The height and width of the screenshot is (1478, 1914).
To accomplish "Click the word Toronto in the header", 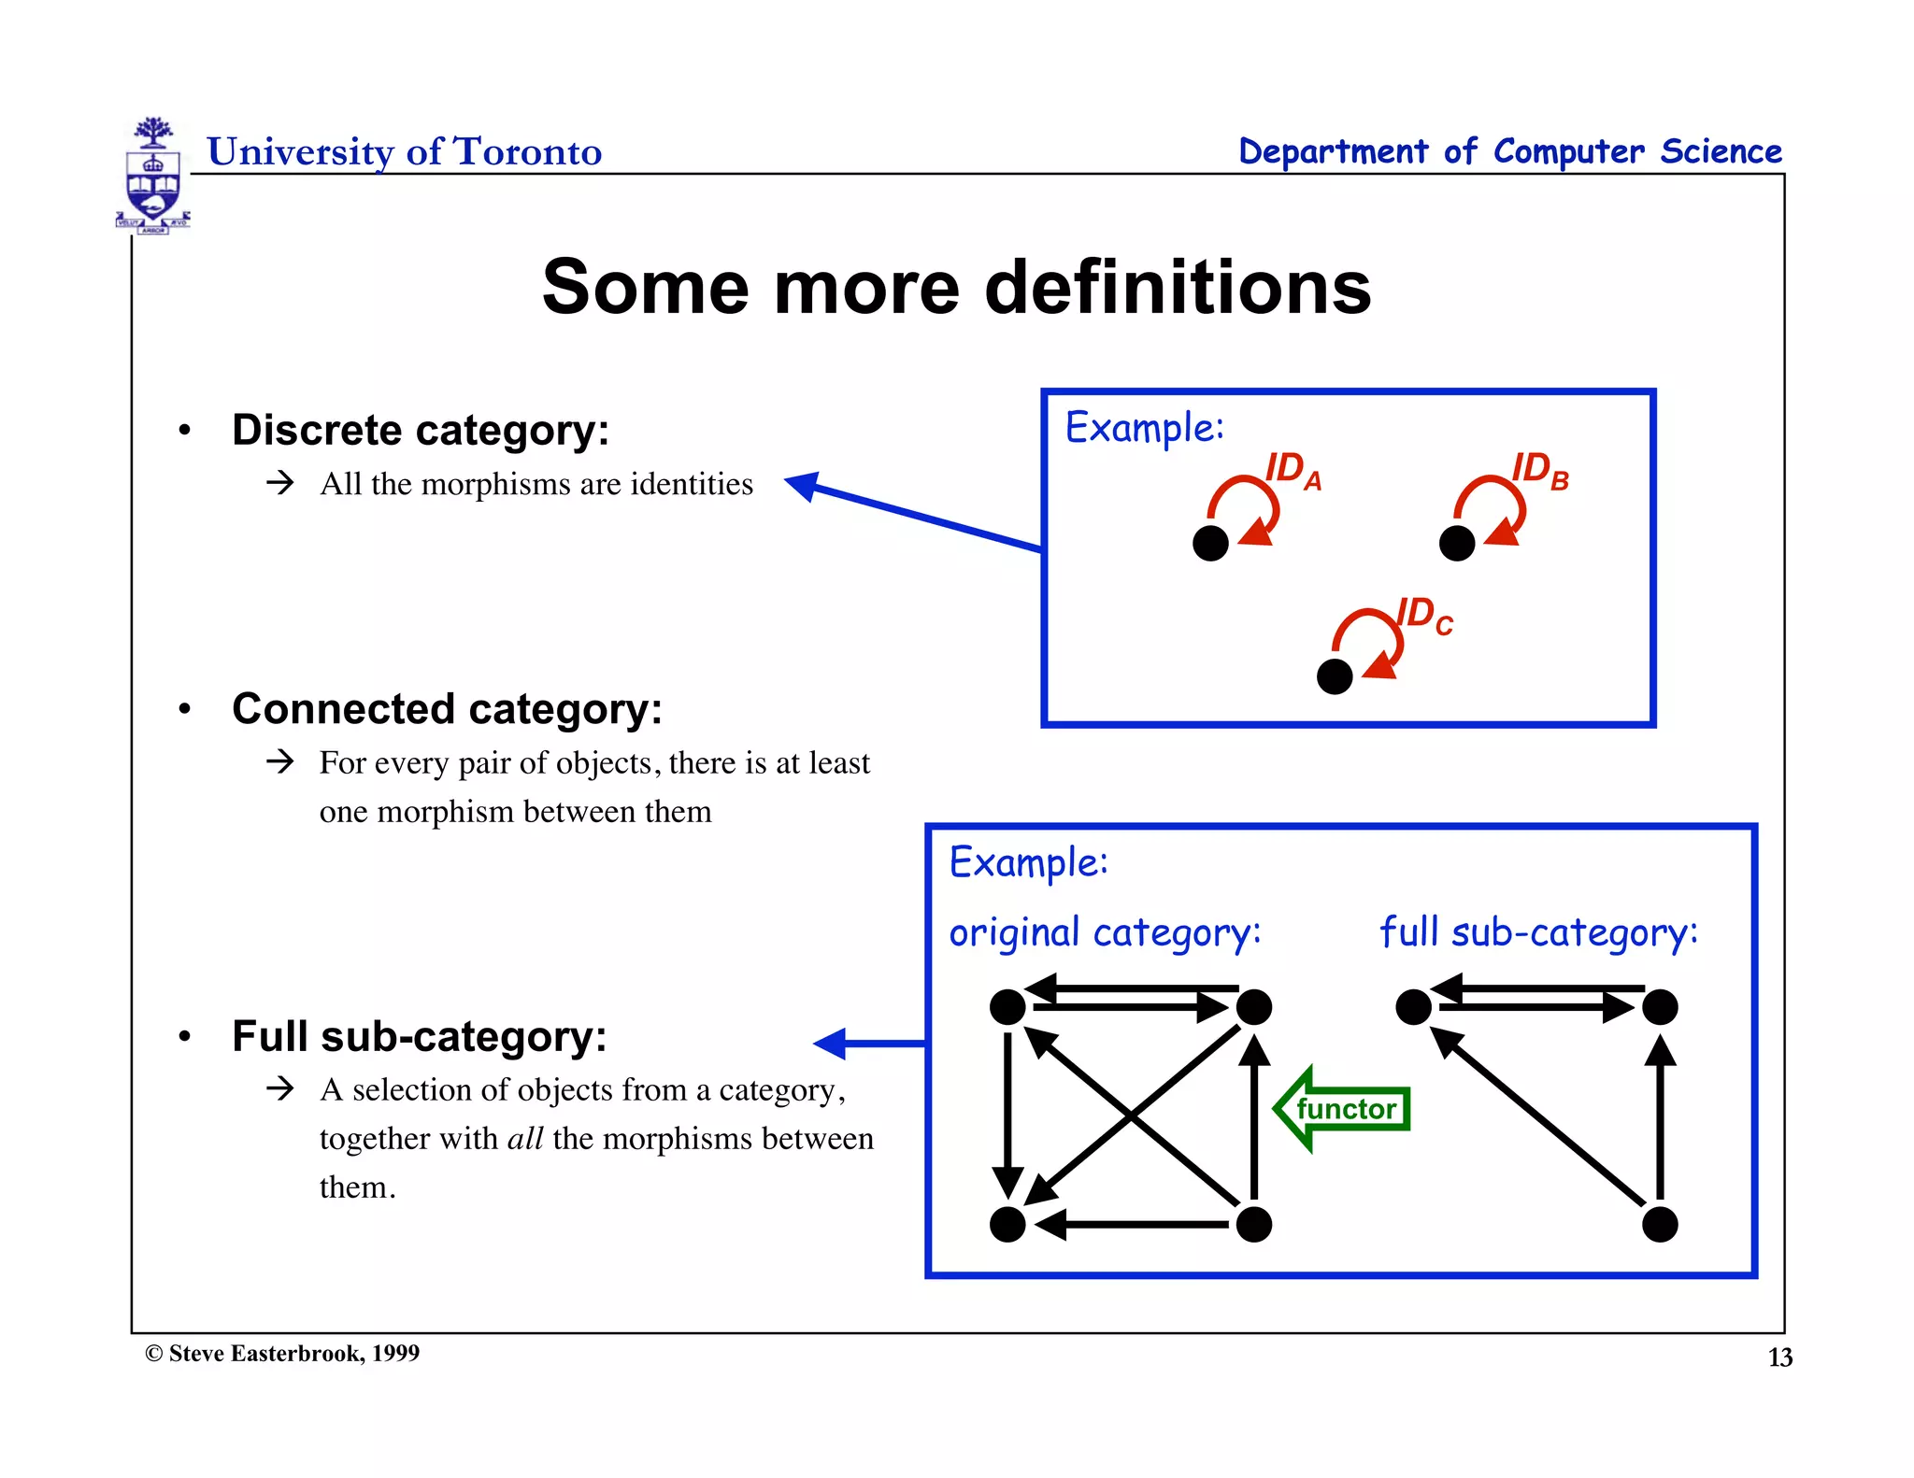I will click(527, 152).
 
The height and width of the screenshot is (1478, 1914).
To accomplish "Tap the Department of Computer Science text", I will click(1509, 152).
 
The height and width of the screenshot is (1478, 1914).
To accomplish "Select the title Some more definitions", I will click(956, 288).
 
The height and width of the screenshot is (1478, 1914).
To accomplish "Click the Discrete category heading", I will click(421, 431).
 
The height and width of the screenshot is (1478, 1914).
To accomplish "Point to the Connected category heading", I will click(447, 709).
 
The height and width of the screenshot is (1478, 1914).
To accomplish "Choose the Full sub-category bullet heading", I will click(419, 1036).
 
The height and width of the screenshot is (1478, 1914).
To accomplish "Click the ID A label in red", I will click(1293, 470).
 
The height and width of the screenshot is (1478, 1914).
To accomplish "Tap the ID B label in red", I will click(1540, 470).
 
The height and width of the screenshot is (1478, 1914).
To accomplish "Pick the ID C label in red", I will click(1424, 617).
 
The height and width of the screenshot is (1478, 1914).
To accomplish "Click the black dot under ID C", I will click(1335, 676).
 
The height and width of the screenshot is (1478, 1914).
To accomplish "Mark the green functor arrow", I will click(1342, 1109).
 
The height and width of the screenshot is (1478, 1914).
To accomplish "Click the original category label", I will click(1105, 933).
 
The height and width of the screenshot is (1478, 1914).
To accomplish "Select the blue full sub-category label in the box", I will click(1538, 933).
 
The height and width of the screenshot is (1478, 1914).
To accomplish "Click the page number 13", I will click(1779, 1357).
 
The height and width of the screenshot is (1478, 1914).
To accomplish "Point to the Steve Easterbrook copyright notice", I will click(282, 1354).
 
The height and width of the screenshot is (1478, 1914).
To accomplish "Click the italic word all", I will click(525, 1139).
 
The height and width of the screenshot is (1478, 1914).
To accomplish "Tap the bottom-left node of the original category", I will click(1007, 1224).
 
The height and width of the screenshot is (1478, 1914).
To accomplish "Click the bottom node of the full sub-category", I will click(1660, 1224).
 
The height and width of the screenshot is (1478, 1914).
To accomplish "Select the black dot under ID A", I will click(1210, 543).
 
